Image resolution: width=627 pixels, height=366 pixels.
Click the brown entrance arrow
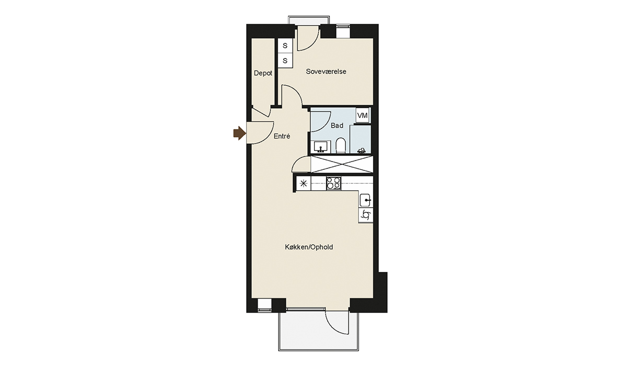tap(240, 133)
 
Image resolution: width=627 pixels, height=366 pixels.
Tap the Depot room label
tap(263, 73)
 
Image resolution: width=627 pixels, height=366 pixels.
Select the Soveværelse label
tap(326, 72)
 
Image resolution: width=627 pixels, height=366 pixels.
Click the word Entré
tap(282, 136)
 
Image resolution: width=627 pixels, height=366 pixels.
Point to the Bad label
tap(337, 125)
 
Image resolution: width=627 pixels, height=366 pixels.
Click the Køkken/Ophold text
tap(309, 247)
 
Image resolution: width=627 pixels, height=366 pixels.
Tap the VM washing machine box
tap(363, 116)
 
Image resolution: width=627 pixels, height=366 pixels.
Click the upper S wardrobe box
tap(285, 45)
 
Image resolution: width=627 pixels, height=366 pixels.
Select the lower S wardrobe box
tap(285, 61)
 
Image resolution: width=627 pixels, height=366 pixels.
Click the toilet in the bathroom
tap(340, 145)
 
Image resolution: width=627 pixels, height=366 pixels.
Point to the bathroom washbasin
tap(321, 146)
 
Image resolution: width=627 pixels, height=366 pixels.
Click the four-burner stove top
tap(334, 184)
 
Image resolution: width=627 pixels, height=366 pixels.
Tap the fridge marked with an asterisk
tap(304, 184)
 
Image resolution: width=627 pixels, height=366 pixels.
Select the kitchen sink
tap(366, 200)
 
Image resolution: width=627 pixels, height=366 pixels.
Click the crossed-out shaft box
tap(342, 164)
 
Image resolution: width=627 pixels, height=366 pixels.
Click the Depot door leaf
tap(261, 112)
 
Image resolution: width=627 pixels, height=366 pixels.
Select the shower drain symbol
tap(362, 151)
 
